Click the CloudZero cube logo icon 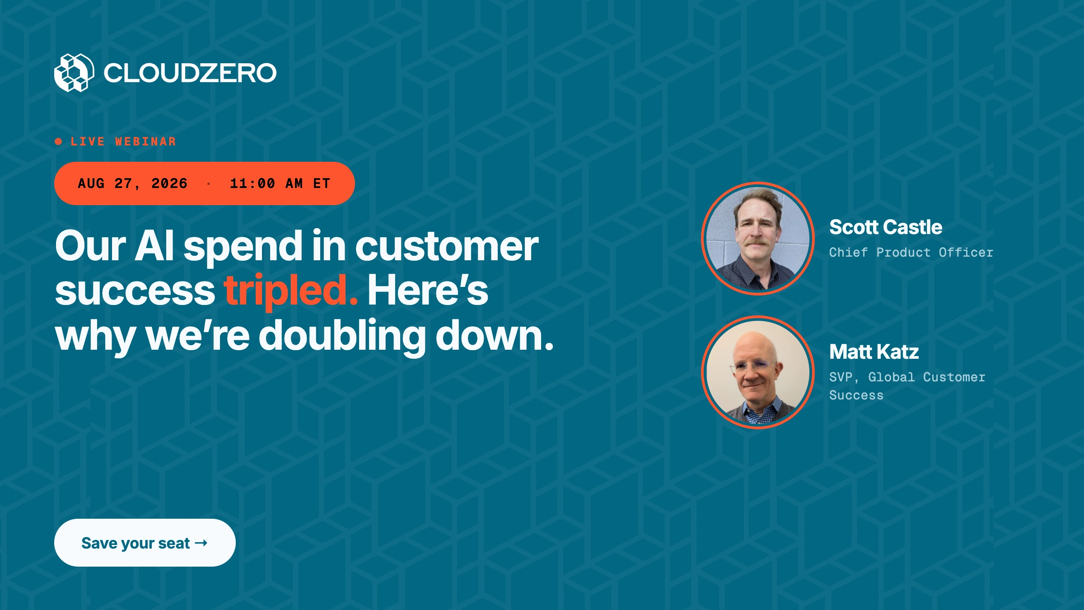[74, 73]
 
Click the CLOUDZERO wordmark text [190, 73]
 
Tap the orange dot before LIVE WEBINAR [58, 142]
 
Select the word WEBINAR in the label [145, 142]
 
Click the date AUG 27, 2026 [132, 183]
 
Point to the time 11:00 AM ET [280, 183]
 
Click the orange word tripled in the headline [291, 291]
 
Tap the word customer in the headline [447, 247]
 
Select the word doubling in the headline [342, 336]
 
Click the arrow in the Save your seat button [201, 543]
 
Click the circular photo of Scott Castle [758, 238]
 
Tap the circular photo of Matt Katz [758, 372]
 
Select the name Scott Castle [886, 227]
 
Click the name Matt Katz [874, 352]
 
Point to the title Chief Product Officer [911, 252]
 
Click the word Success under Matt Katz [856, 395]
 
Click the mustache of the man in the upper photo [757, 243]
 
